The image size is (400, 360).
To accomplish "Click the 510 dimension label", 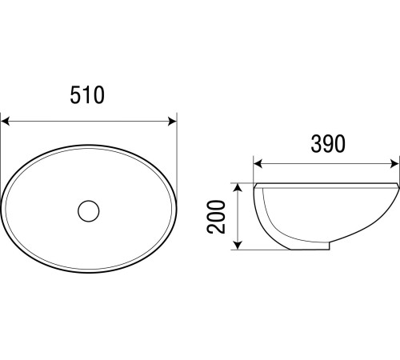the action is (x=87, y=95).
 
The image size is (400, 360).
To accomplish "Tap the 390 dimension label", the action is (x=328, y=144).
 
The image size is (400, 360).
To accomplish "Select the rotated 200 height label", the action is (x=216, y=217).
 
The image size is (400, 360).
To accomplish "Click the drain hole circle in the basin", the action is (x=89, y=211).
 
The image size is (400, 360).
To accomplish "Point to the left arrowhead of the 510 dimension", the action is (x=6, y=121).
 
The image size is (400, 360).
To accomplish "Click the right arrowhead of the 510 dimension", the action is (x=172, y=121).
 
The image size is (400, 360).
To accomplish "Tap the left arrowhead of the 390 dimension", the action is (x=258, y=164).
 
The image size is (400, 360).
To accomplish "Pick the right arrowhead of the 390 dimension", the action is (x=394, y=164).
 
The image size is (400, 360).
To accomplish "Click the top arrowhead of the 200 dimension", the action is (x=238, y=188).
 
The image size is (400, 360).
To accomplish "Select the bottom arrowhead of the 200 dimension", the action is (x=238, y=245).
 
